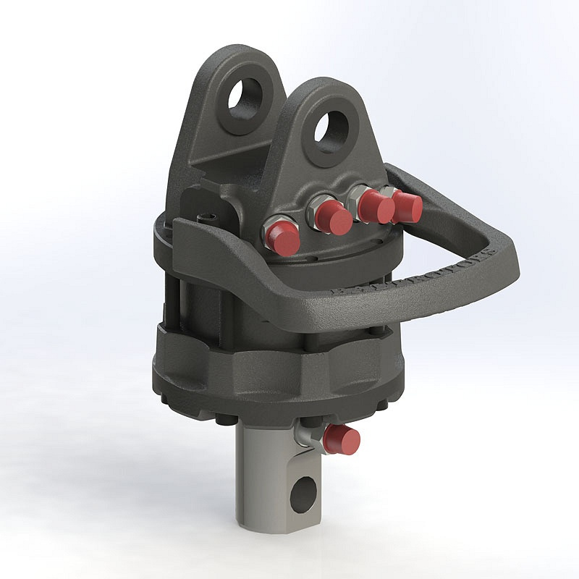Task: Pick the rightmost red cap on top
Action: (407, 208)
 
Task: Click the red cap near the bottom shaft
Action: (342, 439)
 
